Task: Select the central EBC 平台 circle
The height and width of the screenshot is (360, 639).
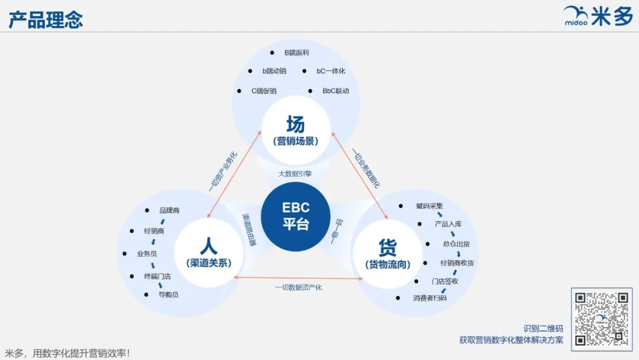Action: point(295,216)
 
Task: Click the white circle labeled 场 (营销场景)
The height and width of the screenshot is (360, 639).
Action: point(295,131)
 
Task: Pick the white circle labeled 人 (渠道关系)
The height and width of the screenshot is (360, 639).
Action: point(208,252)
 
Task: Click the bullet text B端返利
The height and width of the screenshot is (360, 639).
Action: point(296,52)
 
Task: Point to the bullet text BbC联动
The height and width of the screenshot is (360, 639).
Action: point(335,91)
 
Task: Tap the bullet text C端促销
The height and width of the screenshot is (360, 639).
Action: point(263,91)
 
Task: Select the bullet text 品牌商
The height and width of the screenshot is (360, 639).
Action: point(169,210)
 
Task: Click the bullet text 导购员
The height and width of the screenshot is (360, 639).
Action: point(168,294)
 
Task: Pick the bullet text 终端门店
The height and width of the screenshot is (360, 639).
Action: point(157,276)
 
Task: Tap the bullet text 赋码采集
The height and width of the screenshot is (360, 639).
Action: point(428,206)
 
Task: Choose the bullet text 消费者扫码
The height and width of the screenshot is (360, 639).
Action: point(430,298)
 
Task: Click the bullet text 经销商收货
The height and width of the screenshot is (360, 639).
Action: point(457,262)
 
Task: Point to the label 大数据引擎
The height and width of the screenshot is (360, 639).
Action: point(295,173)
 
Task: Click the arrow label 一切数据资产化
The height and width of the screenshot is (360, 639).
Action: point(298,287)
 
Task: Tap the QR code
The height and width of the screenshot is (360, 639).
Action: point(601,318)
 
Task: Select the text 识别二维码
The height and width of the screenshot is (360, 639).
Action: point(543,328)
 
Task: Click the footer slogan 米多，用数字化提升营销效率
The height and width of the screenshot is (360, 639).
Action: point(67,353)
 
